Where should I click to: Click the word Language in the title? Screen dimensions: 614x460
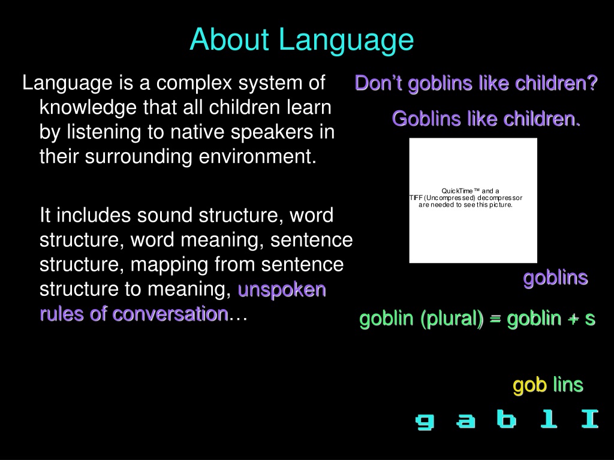point(346,41)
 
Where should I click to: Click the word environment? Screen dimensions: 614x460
point(257,156)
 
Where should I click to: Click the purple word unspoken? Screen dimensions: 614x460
point(282,290)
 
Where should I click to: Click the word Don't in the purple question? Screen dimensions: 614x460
point(378,83)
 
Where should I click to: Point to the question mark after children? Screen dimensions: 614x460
point(592,83)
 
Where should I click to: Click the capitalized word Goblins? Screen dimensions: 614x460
point(426,119)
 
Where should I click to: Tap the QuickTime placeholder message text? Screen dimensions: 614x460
point(466,198)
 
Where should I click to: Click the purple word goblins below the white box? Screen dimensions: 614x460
point(556,279)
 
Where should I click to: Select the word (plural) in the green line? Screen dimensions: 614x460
point(452,319)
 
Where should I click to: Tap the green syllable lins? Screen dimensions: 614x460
point(568,384)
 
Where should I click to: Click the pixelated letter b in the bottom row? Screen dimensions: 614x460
point(506,419)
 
